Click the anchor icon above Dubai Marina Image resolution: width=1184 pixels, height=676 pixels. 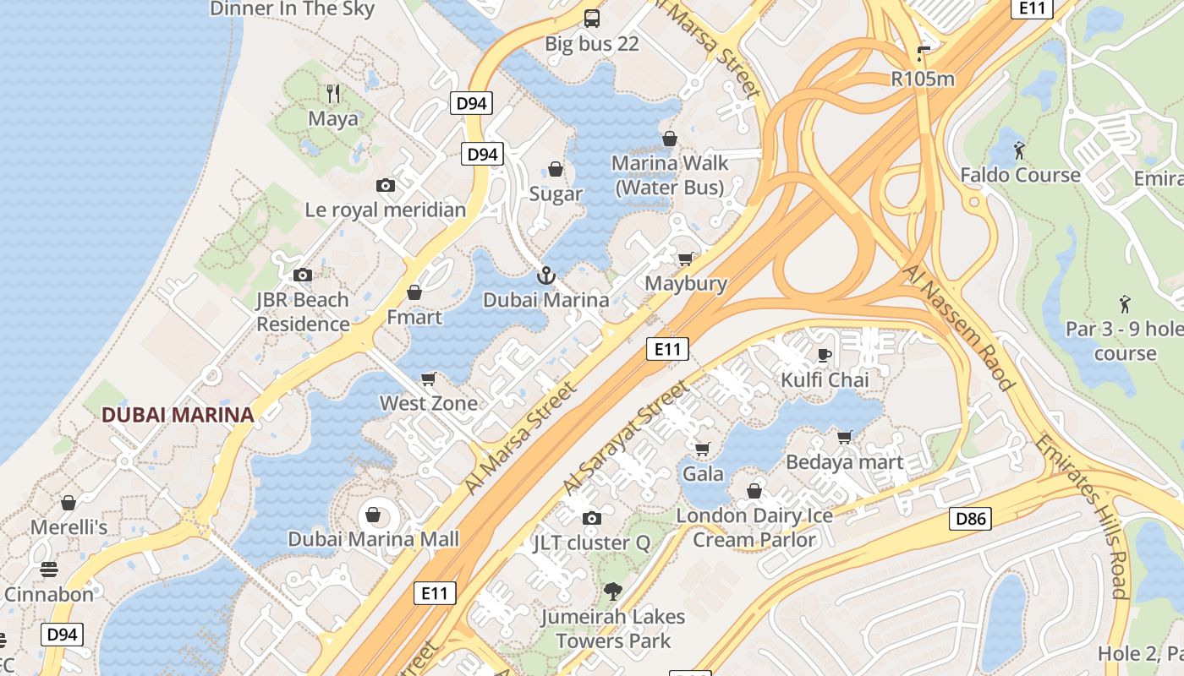coord(546,275)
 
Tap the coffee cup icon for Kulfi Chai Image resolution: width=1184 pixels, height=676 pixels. coord(825,355)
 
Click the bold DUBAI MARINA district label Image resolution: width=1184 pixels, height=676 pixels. coord(178,415)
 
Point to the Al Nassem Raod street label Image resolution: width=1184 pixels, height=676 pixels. coord(958,327)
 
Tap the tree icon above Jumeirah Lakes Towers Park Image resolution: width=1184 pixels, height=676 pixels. coord(613,591)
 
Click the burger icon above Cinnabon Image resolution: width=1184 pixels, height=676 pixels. coord(49,570)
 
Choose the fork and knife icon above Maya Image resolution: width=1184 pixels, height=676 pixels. coord(333,93)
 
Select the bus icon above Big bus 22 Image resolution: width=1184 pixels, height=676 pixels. coord(592,19)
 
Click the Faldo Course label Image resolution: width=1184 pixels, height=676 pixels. coord(1020,175)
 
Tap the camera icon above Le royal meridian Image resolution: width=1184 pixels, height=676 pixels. coord(386,185)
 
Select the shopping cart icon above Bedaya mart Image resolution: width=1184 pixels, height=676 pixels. coord(844,437)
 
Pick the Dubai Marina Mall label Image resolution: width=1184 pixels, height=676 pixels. coord(373,539)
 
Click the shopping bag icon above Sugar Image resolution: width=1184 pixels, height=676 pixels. coord(556,169)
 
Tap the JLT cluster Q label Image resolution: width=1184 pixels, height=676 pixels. coord(591,542)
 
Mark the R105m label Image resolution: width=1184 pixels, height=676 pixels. coord(923,79)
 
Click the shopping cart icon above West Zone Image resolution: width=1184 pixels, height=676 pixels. coord(429,379)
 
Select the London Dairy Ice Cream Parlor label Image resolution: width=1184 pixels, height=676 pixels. coord(754,527)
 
